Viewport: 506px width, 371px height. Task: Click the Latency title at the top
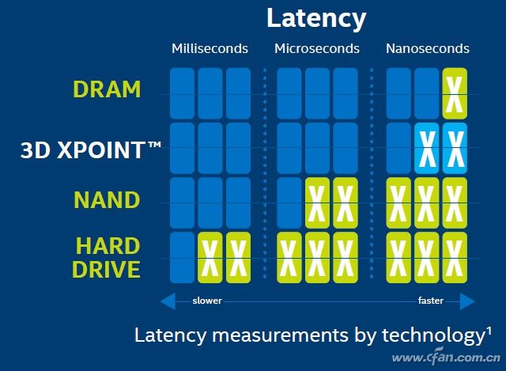click(316, 19)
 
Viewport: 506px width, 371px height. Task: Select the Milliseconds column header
click(210, 48)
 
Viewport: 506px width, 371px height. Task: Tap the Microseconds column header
click(317, 48)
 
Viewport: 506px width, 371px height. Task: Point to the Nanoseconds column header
click(428, 48)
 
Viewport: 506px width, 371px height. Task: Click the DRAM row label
click(108, 89)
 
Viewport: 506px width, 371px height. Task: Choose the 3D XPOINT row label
click(91, 150)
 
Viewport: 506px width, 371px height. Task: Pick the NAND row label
click(108, 200)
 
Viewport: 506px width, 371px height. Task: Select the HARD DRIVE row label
click(107, 257)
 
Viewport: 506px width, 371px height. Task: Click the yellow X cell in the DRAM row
click(455, 93)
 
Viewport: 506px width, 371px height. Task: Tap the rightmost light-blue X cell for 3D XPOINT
click(455, 149)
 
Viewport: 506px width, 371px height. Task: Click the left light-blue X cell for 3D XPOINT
click(427, 149)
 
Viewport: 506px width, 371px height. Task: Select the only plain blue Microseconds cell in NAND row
click(289, 203)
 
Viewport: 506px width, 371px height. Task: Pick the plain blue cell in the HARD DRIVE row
click(182, 258)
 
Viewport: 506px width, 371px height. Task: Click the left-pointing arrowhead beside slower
click(168, 301)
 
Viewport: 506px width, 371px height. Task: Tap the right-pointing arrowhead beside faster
click(467, 301)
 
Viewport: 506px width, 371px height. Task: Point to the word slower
click(207, 301)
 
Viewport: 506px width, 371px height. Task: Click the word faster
click(431, 301)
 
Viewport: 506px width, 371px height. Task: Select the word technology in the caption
click(433, 336)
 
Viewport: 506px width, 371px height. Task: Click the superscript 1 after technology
click(489, 331)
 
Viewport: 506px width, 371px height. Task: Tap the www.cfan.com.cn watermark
click(446, 357)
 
